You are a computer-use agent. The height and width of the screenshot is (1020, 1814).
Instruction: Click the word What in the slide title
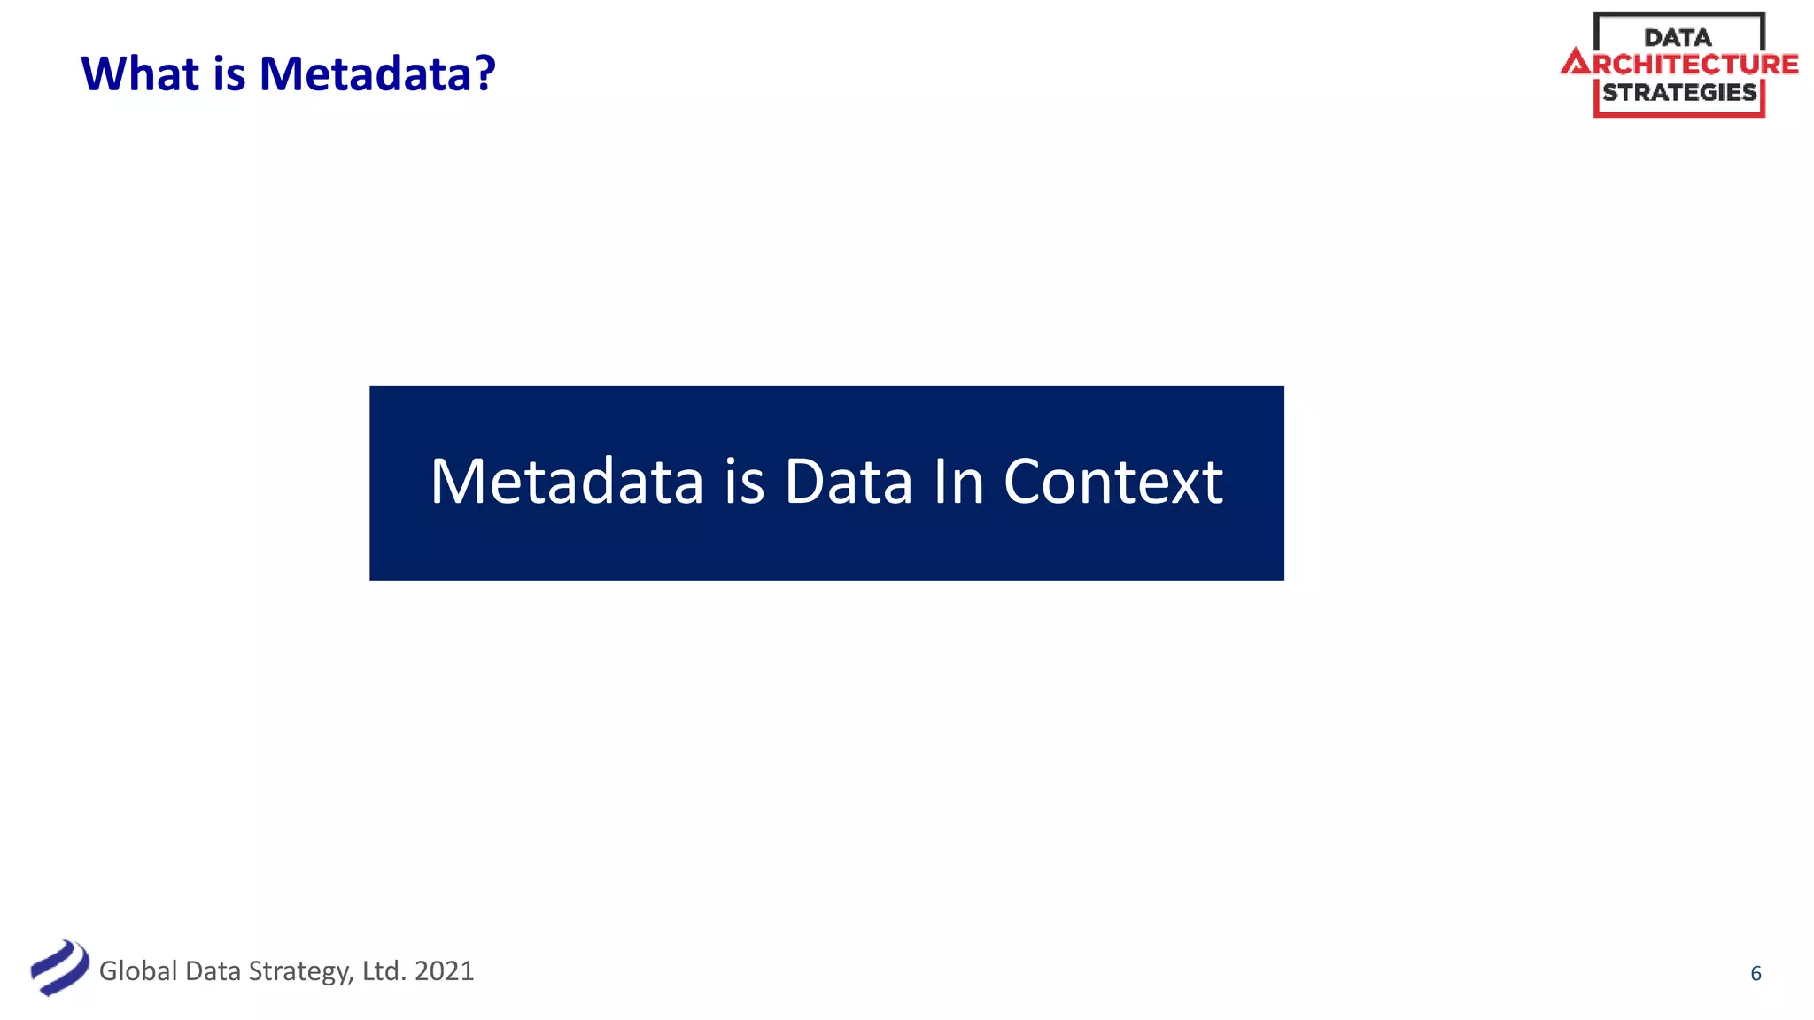pos(140,73)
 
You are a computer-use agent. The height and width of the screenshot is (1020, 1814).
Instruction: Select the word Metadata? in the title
pos(377,73)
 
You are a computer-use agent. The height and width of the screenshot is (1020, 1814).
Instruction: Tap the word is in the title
pos(229,73)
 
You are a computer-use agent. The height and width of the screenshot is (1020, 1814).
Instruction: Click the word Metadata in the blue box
pos(567,482)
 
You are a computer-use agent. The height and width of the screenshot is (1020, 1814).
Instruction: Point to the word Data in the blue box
pos(848,482)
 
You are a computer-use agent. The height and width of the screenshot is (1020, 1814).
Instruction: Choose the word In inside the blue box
pos(958,482)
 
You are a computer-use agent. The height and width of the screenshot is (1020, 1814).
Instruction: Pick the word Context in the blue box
pos(1112,482)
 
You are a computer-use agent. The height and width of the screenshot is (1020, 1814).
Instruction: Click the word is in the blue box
pos(744,482)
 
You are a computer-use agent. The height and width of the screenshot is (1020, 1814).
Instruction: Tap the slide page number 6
pos(1756,974)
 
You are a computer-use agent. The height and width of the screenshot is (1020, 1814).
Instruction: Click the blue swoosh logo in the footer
pos(59,968)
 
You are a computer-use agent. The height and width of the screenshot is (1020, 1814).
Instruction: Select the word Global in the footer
pos(138,971)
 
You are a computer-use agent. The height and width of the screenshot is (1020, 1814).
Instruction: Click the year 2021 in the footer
pos(444,971)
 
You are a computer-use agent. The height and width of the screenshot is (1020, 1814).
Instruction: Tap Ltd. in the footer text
pos(384,971)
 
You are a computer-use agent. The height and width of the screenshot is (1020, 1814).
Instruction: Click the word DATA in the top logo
pos(1678,38)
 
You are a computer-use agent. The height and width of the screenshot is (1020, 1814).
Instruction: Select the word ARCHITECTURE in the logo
pos(1694,65)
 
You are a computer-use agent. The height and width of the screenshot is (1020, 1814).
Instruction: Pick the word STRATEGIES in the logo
pos(1679,92)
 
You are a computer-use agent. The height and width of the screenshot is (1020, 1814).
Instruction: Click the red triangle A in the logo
pos(1576,63)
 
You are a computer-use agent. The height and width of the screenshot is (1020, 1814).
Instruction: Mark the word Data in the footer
pos(213,971)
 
